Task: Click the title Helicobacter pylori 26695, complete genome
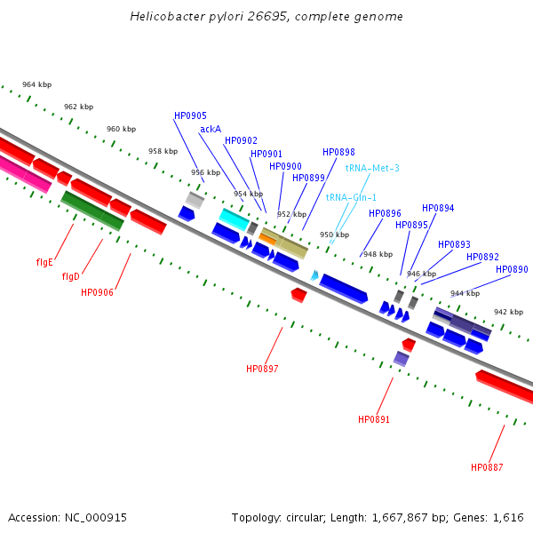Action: click(266, 17)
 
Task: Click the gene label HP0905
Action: click(190, 115)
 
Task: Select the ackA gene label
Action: click(211, 129)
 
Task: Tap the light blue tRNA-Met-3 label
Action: click(372, 168)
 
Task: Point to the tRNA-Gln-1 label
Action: click(351, 197)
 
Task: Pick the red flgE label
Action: click(44, 262)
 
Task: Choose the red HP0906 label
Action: click(97, 292)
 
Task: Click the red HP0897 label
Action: click(262, 368)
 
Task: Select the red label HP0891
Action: click(374, 418)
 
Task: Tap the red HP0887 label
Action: click(487, 467)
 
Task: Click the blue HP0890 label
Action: click(512, 269)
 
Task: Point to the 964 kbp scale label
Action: click(36, 84)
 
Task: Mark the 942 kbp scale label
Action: click(508, 312)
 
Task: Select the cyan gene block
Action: click(234, 219)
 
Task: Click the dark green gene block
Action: click(91, 211)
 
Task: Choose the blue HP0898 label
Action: click(338, 152)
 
